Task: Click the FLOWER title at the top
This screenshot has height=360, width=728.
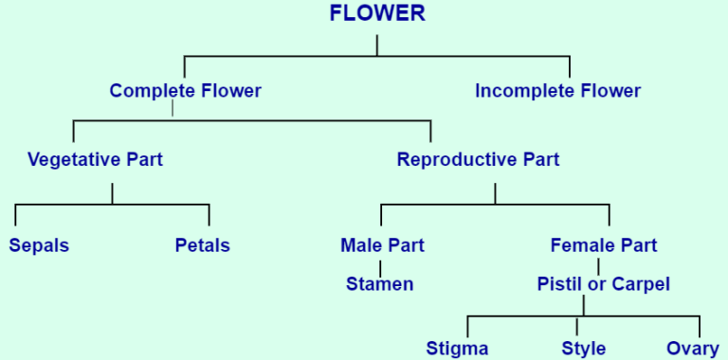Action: pos(377,13)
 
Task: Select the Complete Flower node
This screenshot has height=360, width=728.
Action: pos(185,91)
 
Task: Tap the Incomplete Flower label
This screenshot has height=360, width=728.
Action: pos(557,91)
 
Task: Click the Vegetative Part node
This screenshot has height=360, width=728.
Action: pos(95,159)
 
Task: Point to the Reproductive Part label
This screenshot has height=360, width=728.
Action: pos(478,159)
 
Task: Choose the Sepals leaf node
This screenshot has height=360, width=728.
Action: pos(39,245)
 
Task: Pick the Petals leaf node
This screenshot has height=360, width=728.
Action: pos(202,245)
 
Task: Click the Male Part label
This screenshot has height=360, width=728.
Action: pos(382,245)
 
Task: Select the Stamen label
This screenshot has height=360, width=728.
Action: pos(379,283)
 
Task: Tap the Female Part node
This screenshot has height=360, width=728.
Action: pos(603,245)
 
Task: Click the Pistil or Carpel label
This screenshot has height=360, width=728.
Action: pos(603,283)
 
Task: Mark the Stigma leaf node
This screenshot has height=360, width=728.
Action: pos(457,348)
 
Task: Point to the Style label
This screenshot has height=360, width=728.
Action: pos(583,348)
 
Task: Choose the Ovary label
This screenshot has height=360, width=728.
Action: pos(693,348)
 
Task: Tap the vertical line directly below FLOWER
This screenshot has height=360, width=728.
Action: pos(377,45)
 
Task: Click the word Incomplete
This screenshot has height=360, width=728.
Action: pos(519,91)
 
